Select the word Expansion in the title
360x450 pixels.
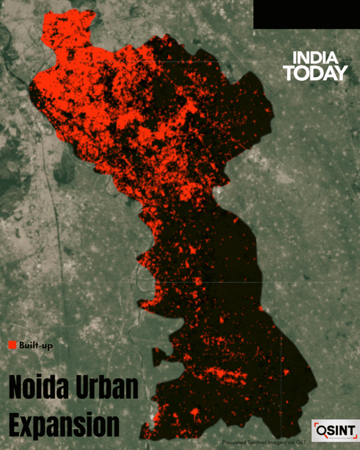(64, 424)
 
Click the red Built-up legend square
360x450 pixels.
(12, 345)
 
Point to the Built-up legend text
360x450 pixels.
(36, 345)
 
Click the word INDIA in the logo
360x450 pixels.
(315, 59)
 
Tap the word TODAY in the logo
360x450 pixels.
(315, 73)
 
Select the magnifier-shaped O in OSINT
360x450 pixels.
(321, 429)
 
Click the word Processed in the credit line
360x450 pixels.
(235, 442)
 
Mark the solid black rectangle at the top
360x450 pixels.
(306, 14)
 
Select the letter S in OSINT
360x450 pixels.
(331, 429)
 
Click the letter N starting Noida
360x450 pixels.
(16, 388)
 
